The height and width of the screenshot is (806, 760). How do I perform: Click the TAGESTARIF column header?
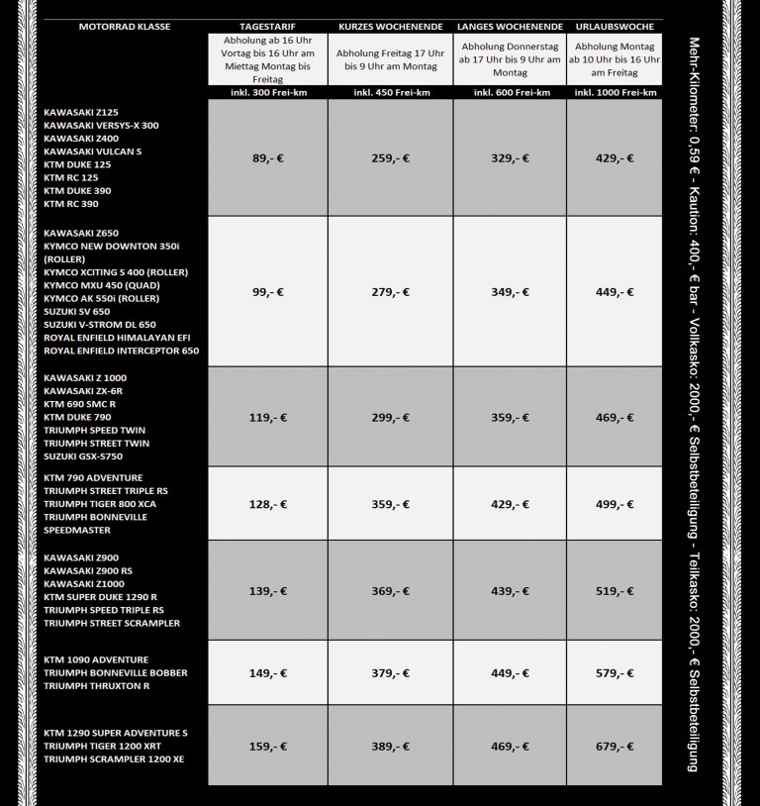[x=267, y=25]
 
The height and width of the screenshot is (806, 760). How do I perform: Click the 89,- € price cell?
[x=268, y=157]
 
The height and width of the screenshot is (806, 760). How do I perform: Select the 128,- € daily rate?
[x=268, y=504]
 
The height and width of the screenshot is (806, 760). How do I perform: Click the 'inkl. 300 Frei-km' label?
[x=268, y=92]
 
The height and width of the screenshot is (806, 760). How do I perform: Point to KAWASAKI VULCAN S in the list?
[x=92, y=151]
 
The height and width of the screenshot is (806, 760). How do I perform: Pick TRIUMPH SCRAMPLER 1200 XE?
[x=114, y=758]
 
